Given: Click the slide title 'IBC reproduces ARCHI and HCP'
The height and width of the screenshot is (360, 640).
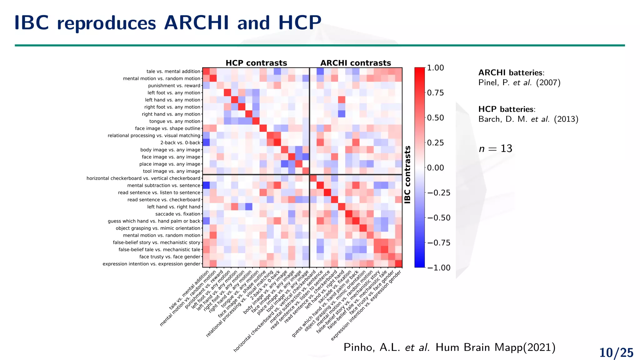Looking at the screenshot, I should pos(168,23).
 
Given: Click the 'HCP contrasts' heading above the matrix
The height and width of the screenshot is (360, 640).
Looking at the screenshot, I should pos(256,63).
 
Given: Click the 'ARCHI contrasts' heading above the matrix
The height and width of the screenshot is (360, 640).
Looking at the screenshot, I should pos(356,63).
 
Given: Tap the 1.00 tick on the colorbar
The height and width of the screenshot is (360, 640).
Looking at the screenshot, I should pos(435,68).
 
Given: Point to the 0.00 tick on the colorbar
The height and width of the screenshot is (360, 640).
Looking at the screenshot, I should pos(435,168).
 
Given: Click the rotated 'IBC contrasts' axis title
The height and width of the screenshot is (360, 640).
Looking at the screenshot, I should pos(407,175).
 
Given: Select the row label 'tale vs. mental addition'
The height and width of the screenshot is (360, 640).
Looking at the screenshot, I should pos(173,72).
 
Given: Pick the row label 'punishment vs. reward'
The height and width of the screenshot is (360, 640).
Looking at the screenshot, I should pos(174,86).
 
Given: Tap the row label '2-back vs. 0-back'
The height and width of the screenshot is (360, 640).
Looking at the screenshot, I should pos(180,143).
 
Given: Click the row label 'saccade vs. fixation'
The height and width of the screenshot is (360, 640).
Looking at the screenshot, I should pos(178,214).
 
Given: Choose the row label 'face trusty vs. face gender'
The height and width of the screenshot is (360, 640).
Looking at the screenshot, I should pos(170,257).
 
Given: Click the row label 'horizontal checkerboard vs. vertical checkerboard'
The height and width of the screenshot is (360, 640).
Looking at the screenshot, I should pos(143,178).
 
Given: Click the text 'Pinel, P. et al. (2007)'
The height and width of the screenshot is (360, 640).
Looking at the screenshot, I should pos(519,83).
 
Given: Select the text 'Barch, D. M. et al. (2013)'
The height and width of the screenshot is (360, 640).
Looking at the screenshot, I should pos(528,119).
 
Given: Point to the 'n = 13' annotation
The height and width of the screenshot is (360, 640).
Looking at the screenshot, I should pos(495,149).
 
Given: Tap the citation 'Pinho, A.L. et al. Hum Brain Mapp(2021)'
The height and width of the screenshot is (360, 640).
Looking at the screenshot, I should pos(449,347).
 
